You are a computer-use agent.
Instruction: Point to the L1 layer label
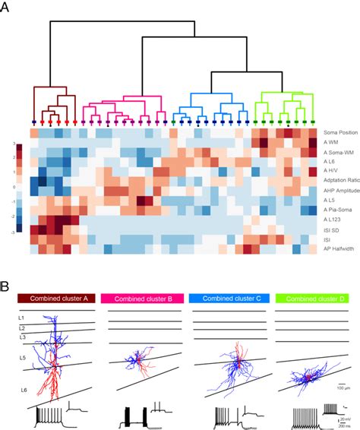[x=21, y=295]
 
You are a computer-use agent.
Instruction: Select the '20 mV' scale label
[x=345, y=418]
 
